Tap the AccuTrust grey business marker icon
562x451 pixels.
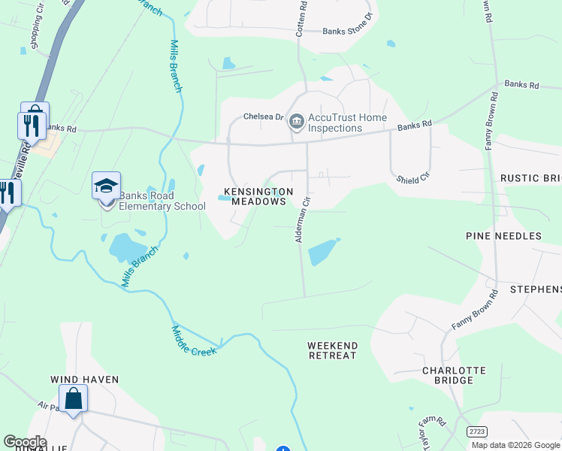click(x=297, y=121)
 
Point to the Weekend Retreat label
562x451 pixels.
click(x=332, y=350)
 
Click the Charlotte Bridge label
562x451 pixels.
click(x=453, y=375)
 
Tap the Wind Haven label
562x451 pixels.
click(x=85, y=380)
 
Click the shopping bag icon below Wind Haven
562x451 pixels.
click(x=74, y=399)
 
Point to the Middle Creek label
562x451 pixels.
click(x=194, y=341)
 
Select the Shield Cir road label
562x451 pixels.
click(x=413, y=178)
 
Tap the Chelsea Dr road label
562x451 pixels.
click(x=262, y=117)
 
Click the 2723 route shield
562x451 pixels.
click(x=475, y=431)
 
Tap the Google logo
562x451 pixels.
click(x=24, y=442)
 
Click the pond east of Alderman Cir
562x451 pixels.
click(x=322, y=253)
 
